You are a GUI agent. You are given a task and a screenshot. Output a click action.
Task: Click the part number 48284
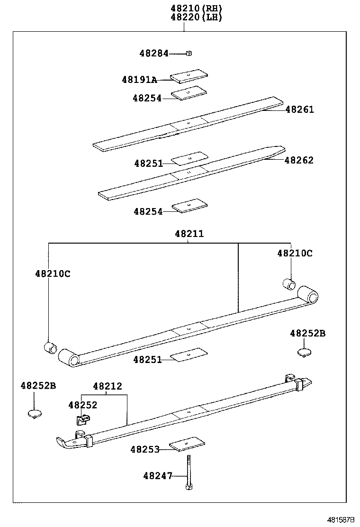point(153,54)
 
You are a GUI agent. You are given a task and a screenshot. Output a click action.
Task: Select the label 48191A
point(139,80)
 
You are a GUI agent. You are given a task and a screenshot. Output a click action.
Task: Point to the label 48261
point(299,109)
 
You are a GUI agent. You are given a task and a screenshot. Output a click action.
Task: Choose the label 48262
point(299,160)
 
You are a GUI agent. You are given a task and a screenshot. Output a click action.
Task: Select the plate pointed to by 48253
point(187,444)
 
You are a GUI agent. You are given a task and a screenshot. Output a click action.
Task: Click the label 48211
point(189,234)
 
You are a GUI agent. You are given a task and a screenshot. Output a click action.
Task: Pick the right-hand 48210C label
point(295,253)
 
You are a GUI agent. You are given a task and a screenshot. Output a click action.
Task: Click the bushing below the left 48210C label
point(50,347)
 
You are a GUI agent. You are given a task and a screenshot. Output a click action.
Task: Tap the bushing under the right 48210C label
point(289,284)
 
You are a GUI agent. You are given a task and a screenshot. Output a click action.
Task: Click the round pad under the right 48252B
point(304,352)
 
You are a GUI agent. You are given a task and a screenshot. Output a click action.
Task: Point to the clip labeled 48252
point(82,419)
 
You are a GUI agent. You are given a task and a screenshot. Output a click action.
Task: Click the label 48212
point(107,386)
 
